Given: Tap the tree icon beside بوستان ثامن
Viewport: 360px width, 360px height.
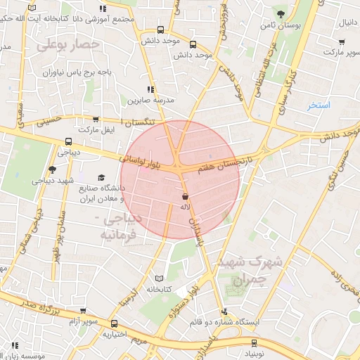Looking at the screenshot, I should [281, 13].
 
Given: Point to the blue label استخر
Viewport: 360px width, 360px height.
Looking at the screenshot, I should [318, 105].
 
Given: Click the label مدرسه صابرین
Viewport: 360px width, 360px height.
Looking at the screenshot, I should [149, 101].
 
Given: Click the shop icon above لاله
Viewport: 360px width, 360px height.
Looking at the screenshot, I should [185, 197].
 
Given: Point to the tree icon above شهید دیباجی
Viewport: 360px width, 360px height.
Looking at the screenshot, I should [51, 169].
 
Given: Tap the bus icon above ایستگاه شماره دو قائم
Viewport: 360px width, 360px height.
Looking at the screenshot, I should [224, 311].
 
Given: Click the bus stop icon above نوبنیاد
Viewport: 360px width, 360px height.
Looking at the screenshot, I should [255, 343].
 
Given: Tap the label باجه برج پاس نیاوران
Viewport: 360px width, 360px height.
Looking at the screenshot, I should [70, 72].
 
